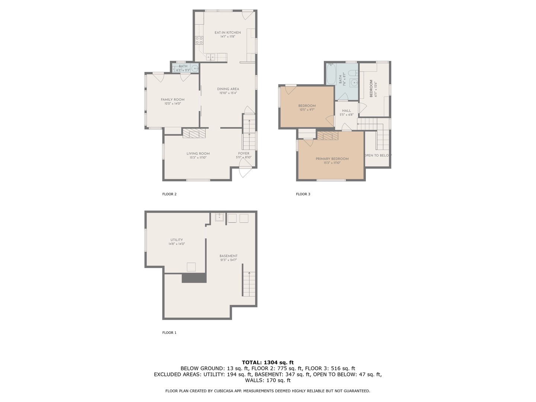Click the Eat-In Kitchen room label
tap(227, 33)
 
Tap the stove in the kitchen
tap(199, 40)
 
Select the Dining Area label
tap(228, 89)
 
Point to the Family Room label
tap(172, 100)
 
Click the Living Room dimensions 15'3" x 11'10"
tap(198, 158)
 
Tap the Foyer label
tap(244, 153)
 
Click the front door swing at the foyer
tap(245, 170)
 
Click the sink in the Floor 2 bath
tap(195, 68)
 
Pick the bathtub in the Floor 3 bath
tap(331, 74)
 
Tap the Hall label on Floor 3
tap(346, 111)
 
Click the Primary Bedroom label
tap(332, 159)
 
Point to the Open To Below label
tap(377, 156)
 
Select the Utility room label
tap(176, 240)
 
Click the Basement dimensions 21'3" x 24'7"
tap(228, 260)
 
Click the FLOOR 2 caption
tap(169, 194)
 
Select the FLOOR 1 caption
tap(169, 333)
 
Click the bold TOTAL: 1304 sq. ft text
tap(268, 362)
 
